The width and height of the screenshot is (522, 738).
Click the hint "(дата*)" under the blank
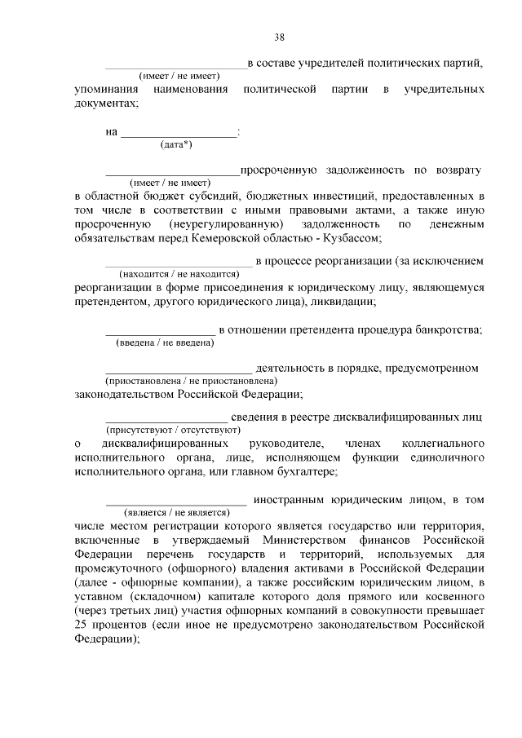click(176, 144)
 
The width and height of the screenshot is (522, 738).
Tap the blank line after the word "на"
click(179, 134)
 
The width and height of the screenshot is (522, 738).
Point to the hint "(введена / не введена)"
click(160, 343)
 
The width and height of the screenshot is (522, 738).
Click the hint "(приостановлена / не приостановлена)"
click(191, 381)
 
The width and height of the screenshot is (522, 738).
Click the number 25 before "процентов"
click(81, 625)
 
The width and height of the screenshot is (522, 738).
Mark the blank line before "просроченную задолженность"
click(172, 173)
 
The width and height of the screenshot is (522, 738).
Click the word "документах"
click(104, 104)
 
